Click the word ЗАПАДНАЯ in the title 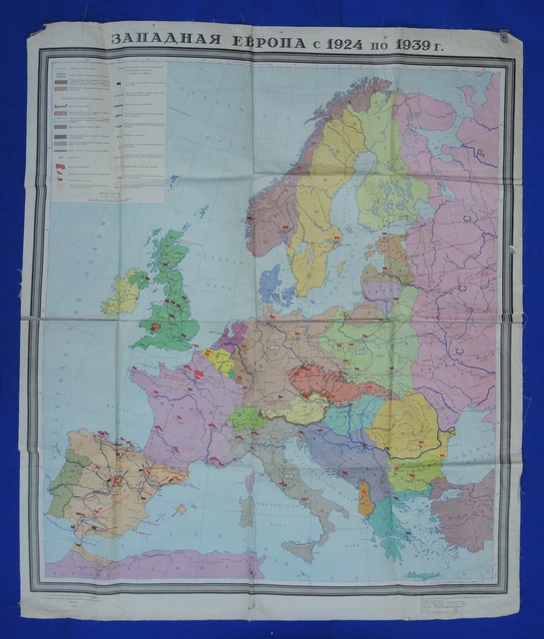(156, 40)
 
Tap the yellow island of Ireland (123, 291)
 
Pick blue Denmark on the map (270, 286)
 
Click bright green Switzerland (246, 417)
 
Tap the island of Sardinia (247, 510)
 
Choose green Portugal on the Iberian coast (60, 489)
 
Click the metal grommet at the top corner (505, 37)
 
